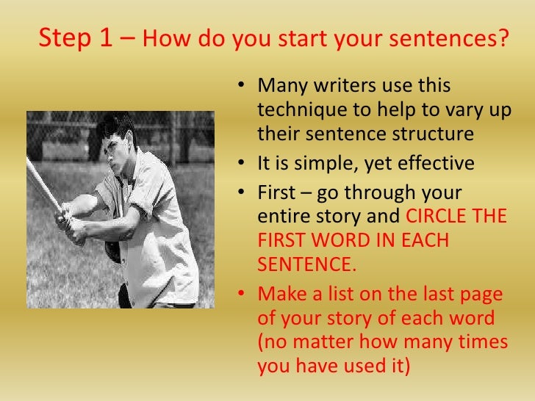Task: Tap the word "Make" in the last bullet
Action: (278, 295)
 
